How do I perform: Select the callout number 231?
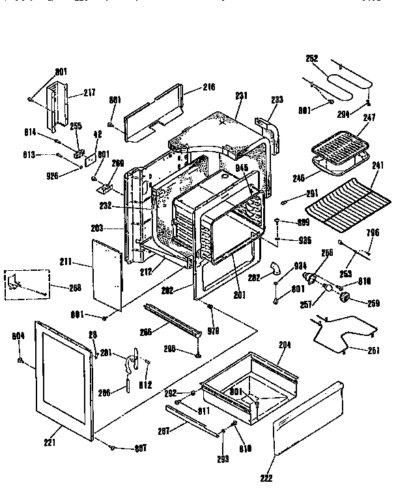click(242, 96)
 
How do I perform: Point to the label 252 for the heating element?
click(313, 59)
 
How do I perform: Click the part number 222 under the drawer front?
click(265, 479)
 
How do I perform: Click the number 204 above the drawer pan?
click(285, 344)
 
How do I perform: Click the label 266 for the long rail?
click(146, 331)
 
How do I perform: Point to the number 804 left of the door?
click(18, 337)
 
